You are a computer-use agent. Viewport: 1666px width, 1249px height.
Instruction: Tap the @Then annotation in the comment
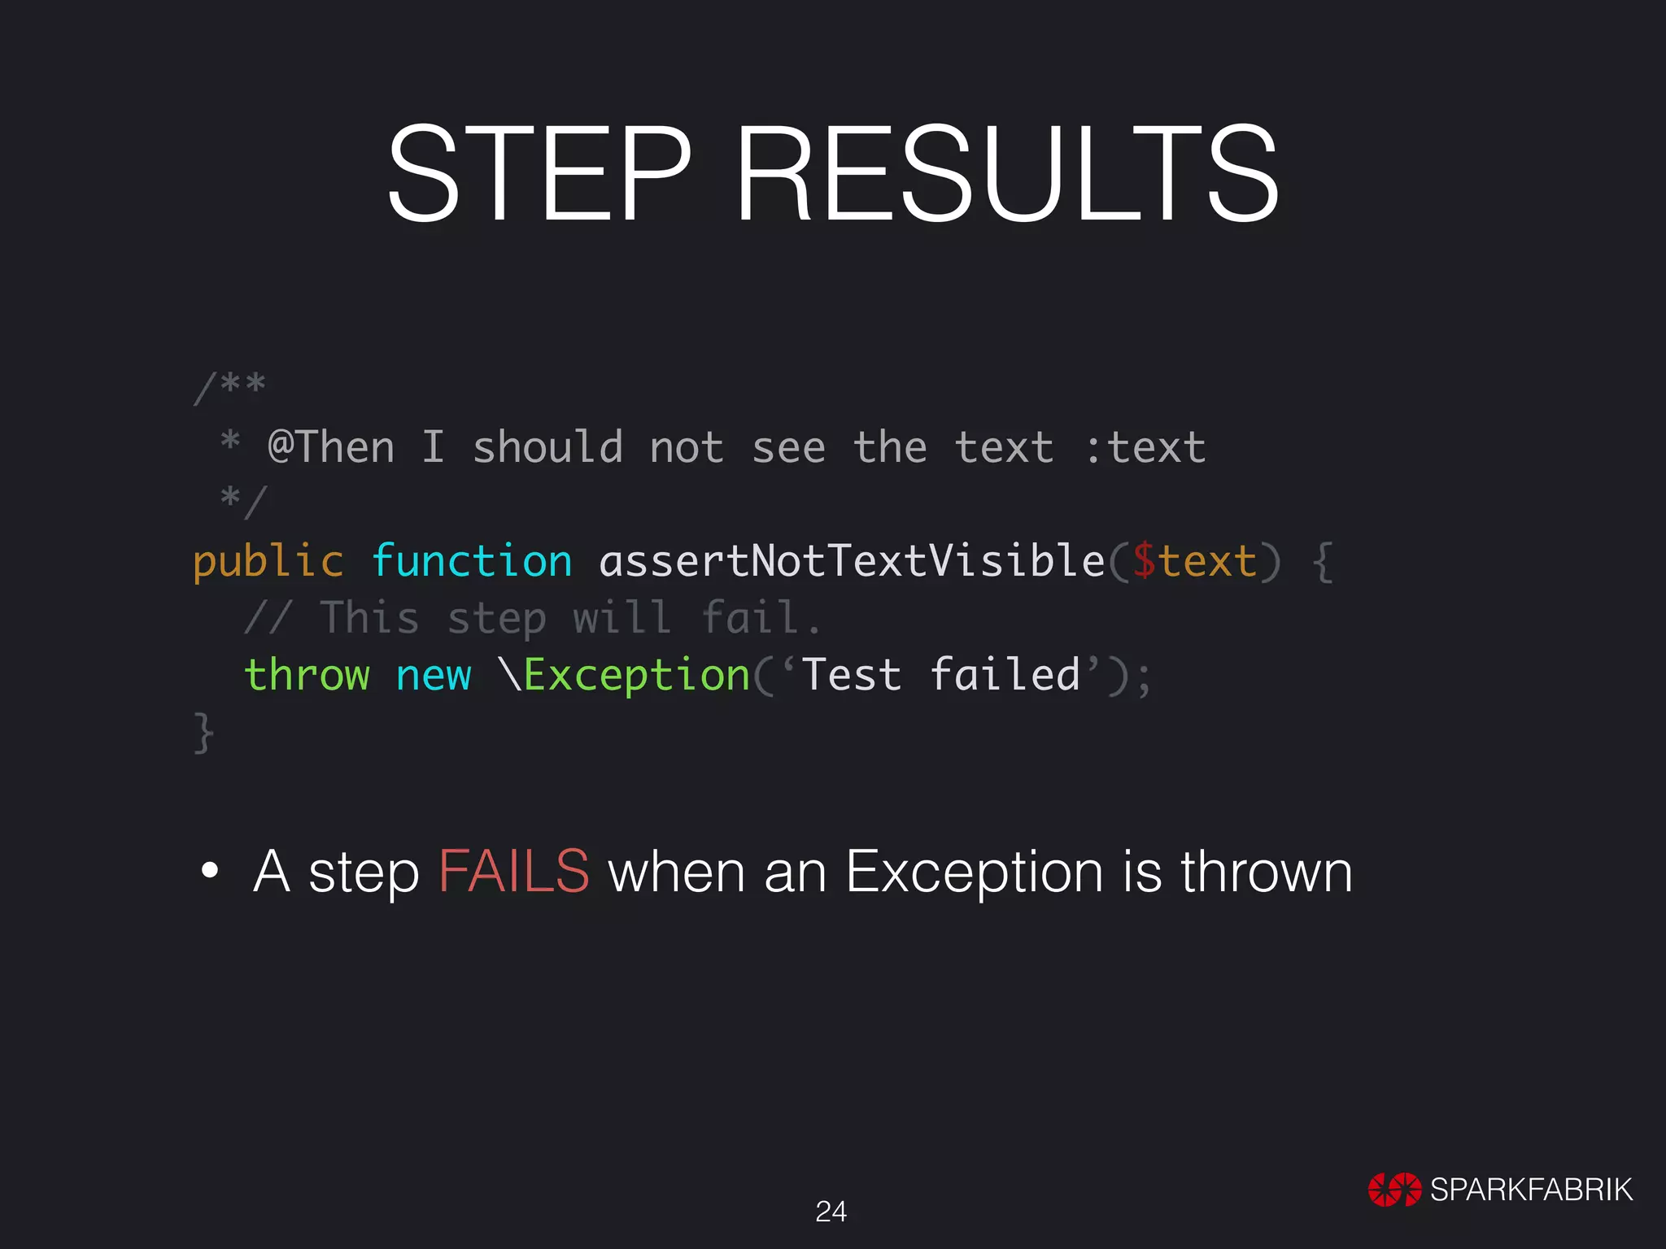click(x=331, y=447)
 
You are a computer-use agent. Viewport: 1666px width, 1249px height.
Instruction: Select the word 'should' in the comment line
click(x=547, y=447)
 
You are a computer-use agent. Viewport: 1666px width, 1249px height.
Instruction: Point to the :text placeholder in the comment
click(x=1145, y=447)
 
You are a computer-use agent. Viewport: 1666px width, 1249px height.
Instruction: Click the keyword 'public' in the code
click(x=268, y=562)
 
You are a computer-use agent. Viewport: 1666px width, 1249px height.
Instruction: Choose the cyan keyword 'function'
click(x=472, y=562)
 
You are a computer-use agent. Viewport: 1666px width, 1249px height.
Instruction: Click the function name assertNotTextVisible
click(x=852, y=562)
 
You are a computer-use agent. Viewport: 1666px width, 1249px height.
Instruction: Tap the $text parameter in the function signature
click(x=1194, y=562)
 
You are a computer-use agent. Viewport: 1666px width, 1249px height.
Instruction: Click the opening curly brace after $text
click(x=1324, y=562)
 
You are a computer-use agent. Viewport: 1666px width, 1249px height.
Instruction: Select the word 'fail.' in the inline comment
click(x=761, y=618)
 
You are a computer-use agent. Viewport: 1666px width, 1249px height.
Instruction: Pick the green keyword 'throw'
click(x=307, y=675)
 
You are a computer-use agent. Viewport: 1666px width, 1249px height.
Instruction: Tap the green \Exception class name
click(x=626, y=675)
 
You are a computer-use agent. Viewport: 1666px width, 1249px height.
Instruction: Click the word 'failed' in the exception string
click(x=1005, y=675)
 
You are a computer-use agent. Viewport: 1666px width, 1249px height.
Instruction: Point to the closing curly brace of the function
click(x=203, y=732)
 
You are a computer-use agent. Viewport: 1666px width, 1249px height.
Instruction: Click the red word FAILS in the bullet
click(x=514, y=872)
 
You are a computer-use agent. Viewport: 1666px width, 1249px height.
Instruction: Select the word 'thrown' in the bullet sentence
click(x=1266, y=872)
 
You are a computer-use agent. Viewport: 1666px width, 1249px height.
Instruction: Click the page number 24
click(x=831, y=1212)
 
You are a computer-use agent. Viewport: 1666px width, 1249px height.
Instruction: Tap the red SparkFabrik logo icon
click(x=1394, y=1190)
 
